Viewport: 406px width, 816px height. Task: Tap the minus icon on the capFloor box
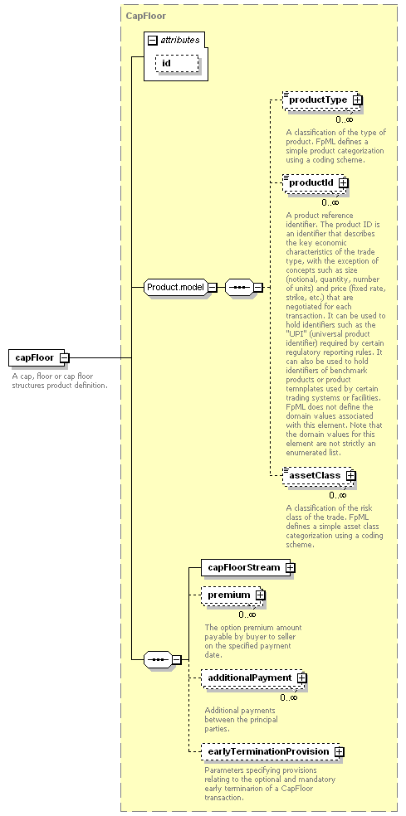click(64, 357)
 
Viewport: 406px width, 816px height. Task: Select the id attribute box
click(177, 63)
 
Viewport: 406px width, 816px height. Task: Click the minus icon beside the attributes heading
click(153, 40)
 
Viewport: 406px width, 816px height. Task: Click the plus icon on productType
click(357, 100)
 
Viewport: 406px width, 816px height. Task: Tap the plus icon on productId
click(343, 182)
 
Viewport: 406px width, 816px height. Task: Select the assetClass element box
click(319, 476)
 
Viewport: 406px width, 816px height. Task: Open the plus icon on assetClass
click(350, 476)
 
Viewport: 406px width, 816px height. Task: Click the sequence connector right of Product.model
click(244, 287)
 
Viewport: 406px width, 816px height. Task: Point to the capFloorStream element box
click(248, 567)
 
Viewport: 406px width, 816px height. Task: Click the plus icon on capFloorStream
click(291, 568)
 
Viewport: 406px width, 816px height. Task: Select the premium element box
click(233, 595)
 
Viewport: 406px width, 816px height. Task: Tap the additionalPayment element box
click(254, 678)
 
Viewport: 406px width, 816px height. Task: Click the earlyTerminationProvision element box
click(272, 752)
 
